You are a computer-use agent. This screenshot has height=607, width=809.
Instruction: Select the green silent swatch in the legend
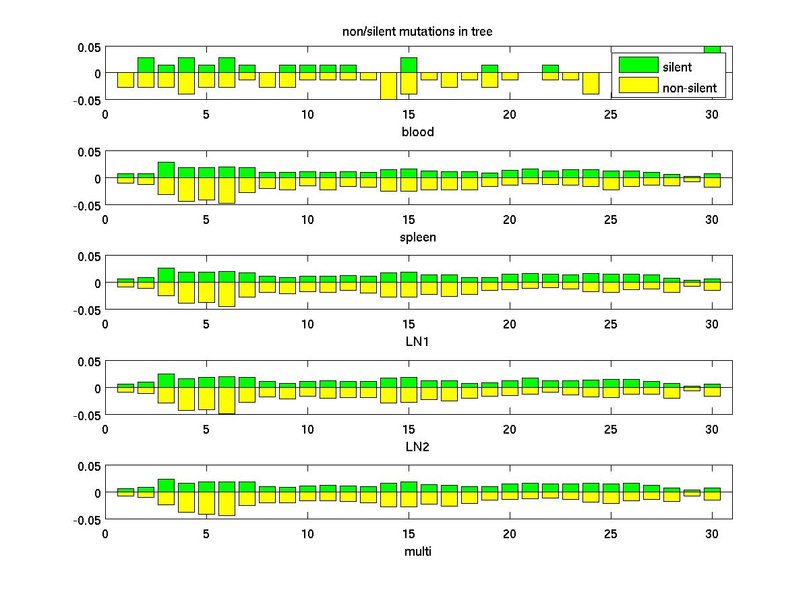pyautogui.click(x=638, y=65)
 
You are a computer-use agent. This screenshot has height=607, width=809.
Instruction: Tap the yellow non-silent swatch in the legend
pyautogui.click(x=638, y=86)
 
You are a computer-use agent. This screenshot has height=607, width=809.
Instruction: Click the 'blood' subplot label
pyautogui.click(x=418, y=132)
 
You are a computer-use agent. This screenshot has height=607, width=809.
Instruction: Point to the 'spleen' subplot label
pyautogui.click(x=418, y=237)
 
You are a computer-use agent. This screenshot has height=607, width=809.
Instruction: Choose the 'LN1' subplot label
pyautogui.click(x=418, y=341)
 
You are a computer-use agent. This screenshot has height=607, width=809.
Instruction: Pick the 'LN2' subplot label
pyautogui.click(x=418, y=446)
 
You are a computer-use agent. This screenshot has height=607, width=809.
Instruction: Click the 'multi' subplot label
pyautogui.click(x=418, y=551)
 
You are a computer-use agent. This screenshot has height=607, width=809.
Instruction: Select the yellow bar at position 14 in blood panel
pyautogui.click(x=388, y=86)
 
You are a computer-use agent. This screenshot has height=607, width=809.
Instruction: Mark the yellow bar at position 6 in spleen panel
pyautogui.click(x=227, y=190)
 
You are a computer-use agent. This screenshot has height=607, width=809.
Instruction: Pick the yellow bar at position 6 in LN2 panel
pyautogui.click(x=227, y=400)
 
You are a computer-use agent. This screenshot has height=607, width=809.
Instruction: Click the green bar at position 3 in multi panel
pyautogui.click(x=166, y=486)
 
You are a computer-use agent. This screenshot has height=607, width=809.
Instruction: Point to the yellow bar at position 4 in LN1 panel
pyautogui.click(x=186, y=293)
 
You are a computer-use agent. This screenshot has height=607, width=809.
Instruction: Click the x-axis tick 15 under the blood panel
pyautogui.click(x=409, y=115)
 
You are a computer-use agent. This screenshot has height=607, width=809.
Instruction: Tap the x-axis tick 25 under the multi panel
pyautogui.click(x=611, y=534)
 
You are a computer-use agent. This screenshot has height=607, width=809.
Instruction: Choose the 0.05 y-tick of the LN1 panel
pyautogui.click(x=89, y=257)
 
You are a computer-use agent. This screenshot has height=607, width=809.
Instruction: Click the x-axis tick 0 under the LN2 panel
pyautogui.click(x=105, y=429)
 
